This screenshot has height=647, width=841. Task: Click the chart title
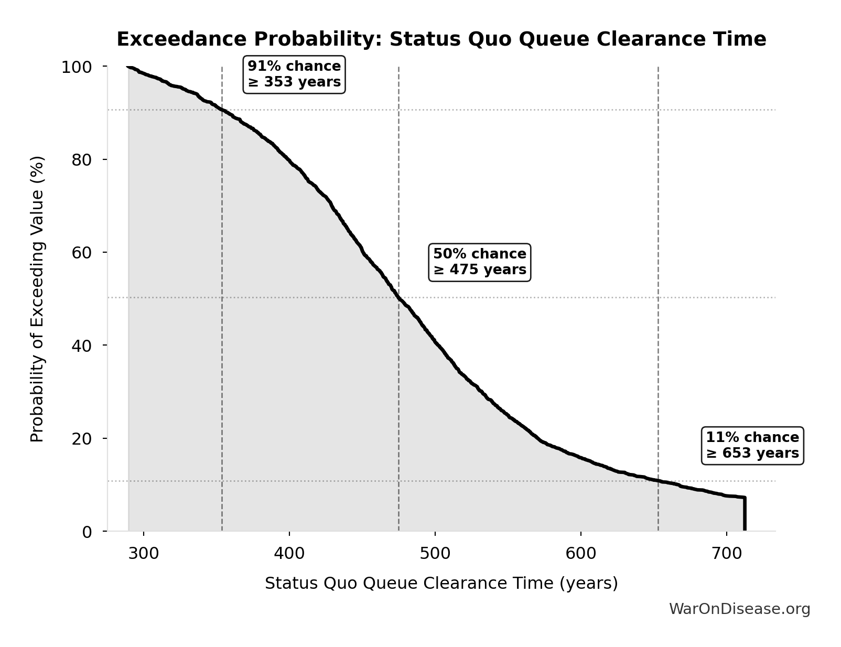pyautogui.click(x=441, y=39)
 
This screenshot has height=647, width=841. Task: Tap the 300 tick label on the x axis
pyautogui.click(x=143, y=554)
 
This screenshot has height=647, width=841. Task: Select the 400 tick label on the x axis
pyautogui.click(x=289, y=554)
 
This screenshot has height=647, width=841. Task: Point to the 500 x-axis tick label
pyautogui.click(x=435, y=554)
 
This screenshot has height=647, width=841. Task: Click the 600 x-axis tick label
pyautogui.click(x=580, y=554)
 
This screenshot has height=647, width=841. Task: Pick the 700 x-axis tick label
pyautogui.click(x=726, y=554)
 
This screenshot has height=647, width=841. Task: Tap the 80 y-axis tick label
pyautogui.click(x=82, y=160)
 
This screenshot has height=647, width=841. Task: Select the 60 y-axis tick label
pyautogui.click(x=82, y=253)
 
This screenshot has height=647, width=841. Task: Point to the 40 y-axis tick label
pyautogui.click(x=82, y=346)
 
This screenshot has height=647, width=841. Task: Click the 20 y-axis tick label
pyautogui.click(x=82, y=438)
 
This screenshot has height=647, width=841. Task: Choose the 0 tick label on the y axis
pyautogui.click(x=87, y=532)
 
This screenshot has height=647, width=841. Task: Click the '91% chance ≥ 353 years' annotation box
pyautogui.click(x=294, y=74)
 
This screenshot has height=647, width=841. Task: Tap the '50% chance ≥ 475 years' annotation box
pyautogui.click(x=479, y=262)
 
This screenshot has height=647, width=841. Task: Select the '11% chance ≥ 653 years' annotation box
pyautogui.click(x=752, y=446)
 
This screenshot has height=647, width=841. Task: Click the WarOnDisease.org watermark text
pyautogui.click(x=739, y=609)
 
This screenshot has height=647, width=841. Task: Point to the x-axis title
pyautogui.click(x=441, y=584)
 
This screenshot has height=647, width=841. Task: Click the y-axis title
pyautogui.click(x=37, y=299)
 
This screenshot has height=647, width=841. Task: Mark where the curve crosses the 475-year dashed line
pyautogui.click(x=398, y=298)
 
